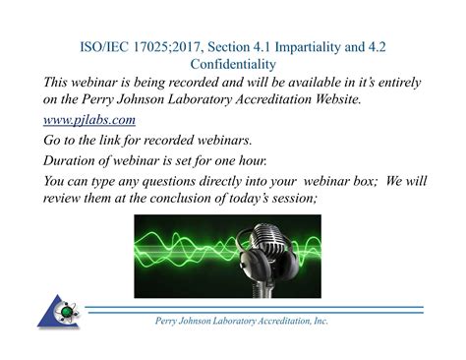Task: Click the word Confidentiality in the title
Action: pyautogui.click(x=233, y=64)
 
